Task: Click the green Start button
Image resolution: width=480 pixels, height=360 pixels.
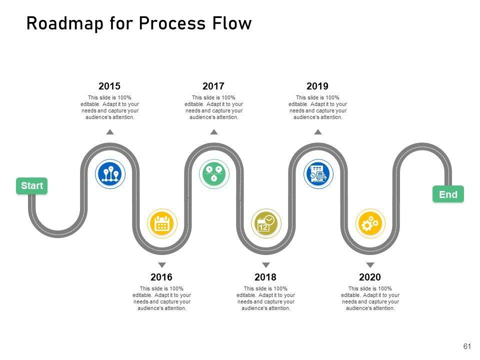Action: click(x=32, y=186)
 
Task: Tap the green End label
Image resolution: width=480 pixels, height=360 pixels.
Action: click(x=448, y=194)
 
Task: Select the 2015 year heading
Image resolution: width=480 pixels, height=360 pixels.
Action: click(x=109, y=86)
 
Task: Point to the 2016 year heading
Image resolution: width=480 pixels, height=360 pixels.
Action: click(x=161, y=277)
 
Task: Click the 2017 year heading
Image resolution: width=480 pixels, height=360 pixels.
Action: click(x=213, y=86)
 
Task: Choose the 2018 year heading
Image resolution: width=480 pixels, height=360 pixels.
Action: click(x=265, y=277)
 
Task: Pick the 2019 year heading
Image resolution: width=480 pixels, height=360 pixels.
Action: click(x=317, y=86)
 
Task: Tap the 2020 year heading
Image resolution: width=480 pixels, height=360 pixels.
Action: click(x=370, y=277)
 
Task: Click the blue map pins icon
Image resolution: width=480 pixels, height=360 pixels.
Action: click(x=110, y=173)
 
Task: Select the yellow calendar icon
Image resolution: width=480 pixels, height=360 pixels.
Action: click(x=162, y=224)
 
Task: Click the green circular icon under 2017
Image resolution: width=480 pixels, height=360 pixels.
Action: click(x=214, y=173)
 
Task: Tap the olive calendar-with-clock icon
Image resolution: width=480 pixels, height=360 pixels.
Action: click(x=266, y=224)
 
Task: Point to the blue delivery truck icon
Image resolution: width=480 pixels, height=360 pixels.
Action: click(x=318, y=173)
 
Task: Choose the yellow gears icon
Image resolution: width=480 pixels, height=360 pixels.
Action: click(x=370, y=224)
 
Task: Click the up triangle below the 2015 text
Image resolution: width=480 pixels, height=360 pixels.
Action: click(x=110, y=132)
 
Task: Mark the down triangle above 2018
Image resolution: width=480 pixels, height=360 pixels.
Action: click(x=266, y=265)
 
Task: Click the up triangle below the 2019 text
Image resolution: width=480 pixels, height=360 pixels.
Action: click(x=318, y=132)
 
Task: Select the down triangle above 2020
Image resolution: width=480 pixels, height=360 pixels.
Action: click(x=370, y=265)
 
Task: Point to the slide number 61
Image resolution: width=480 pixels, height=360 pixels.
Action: click(x=467, y=346)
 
